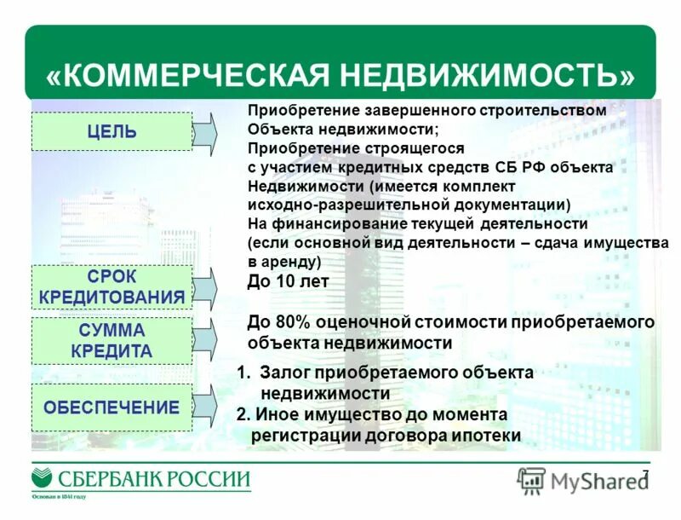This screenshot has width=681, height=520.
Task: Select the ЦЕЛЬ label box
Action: click(x=112, y=131)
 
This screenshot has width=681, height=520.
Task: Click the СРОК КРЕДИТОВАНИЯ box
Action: click(x=112, y=287)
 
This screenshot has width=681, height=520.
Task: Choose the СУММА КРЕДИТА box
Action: click(x=112, y=340)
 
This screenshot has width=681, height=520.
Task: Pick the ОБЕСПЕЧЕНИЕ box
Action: click(x=112, y=407)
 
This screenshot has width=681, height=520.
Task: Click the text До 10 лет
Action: click(x=288, y=281)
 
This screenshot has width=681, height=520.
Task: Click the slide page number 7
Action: click(x=645, y=475)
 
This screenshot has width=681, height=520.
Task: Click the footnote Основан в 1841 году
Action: click(x=60, y=497)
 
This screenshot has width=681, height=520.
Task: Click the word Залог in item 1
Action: click(x=284, y=373)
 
